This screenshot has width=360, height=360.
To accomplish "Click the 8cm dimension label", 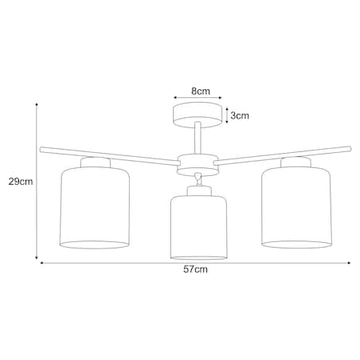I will (199, 92).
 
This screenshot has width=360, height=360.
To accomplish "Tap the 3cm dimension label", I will (240, 115).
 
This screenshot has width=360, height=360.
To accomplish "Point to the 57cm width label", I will (195, 270).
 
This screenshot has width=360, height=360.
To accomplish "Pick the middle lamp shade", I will (199, 227).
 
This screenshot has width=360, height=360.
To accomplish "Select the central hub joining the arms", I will (196, 161).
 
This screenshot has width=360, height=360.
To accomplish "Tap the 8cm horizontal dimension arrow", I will (195, 100).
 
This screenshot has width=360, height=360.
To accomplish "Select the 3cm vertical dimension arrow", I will (227, 115).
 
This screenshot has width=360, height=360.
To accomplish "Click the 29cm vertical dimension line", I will (37, 182).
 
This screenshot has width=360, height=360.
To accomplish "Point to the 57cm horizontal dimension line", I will (195, 262).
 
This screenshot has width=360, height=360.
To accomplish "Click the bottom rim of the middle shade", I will (199, 256).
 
